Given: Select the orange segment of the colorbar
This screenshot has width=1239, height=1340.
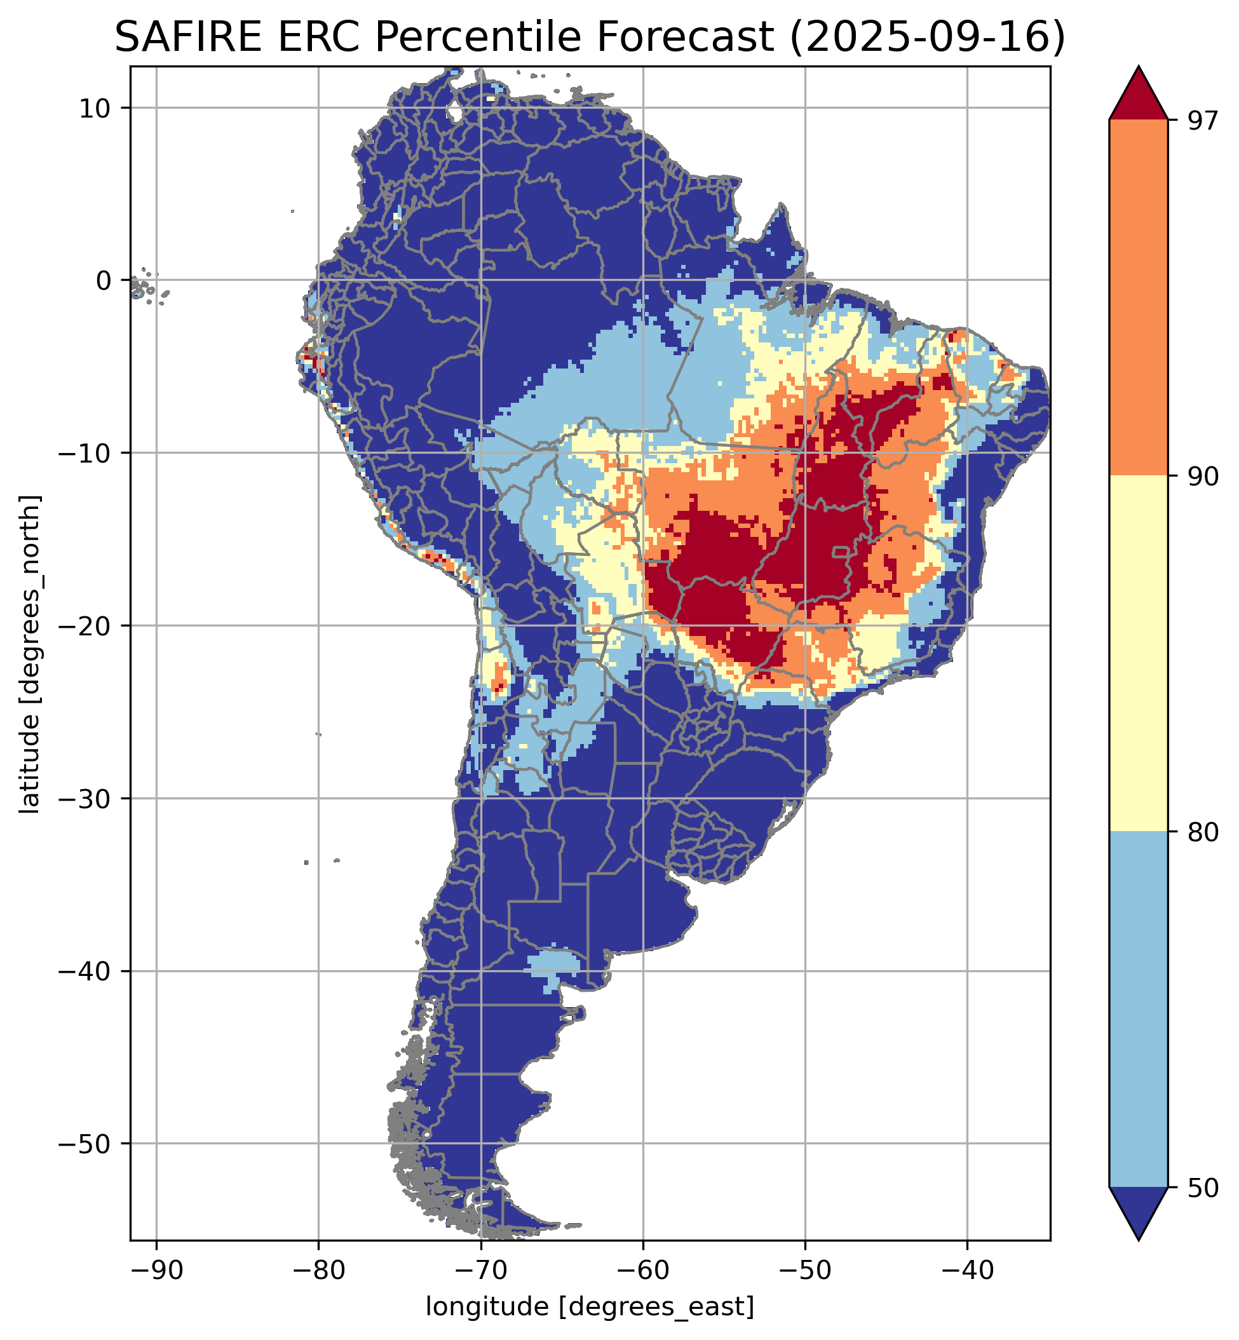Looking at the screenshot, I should [x=1139, y=298].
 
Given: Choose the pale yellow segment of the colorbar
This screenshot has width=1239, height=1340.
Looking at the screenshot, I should [x=1139, y=654].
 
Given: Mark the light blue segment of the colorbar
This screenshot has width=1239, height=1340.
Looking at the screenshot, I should [x=1139, y=1010].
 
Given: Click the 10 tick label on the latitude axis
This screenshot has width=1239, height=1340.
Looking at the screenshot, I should [x=95, y=108].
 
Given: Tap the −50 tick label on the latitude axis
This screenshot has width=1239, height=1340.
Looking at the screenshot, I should [x=85, y=1144].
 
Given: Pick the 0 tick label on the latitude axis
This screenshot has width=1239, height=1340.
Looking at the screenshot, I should [x=103, y=281].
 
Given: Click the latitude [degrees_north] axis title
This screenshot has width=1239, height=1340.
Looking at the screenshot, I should [x=30, y=654].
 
